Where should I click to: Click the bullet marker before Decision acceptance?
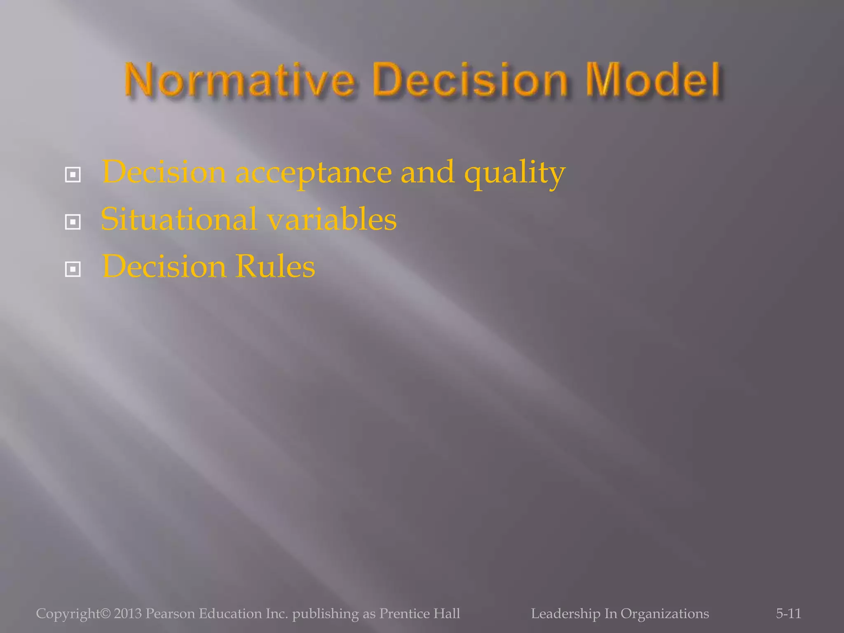tap(73, 175)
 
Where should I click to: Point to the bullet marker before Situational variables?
tap(73, 223)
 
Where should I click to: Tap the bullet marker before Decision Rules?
tap(73, 270)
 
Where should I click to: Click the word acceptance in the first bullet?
tap(313, 173)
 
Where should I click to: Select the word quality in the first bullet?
tap(515, 173)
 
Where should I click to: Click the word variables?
tap(332, 219)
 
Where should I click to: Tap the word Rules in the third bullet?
tap(275, 267)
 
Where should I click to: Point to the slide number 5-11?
tap(788, 613)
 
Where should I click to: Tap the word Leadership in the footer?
tap(565, 613)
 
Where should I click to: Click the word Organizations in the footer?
tap(665, 613)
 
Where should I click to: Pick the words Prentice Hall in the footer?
tap(420, 613)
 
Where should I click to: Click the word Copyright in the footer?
tap(68, 613)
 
